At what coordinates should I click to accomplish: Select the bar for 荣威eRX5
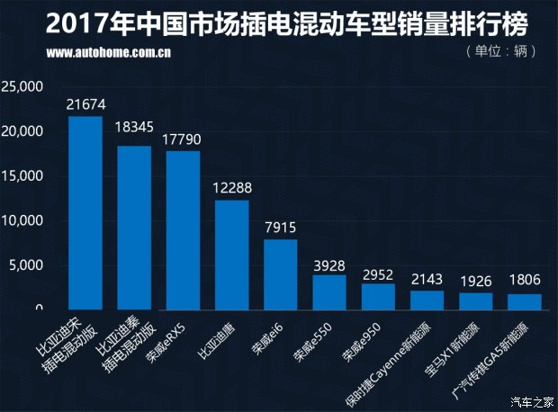[184, 229]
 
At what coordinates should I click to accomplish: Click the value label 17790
[184, 139]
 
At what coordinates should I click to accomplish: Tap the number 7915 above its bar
[281, 227]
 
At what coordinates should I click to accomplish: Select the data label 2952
[378, 273]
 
